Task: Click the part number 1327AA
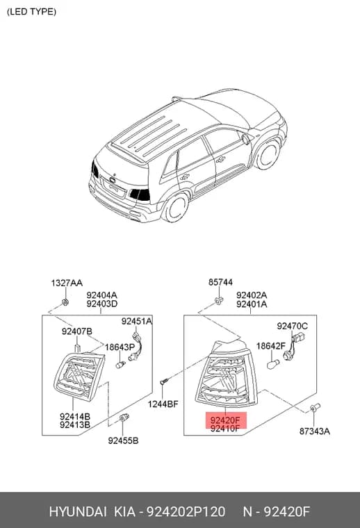[67, 283]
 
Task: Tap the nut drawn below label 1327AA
[65, 302]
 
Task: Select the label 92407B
[76, 331]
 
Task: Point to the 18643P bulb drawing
[120, 364]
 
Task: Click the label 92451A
[137, 321]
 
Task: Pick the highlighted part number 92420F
[225, 420]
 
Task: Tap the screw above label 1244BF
[164, 381]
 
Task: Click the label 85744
[220, 282]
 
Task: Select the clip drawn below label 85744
[219, 301]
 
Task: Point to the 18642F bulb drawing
[272, 364]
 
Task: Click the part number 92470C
[293, 326]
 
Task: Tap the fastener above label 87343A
[315, 408]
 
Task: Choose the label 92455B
[123, 440]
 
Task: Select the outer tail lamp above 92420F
[227, 373]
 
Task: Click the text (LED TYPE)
[32, 12]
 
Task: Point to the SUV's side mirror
[247, 139]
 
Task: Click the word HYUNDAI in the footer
[78, 511]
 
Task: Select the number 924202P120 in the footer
[186, 511]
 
